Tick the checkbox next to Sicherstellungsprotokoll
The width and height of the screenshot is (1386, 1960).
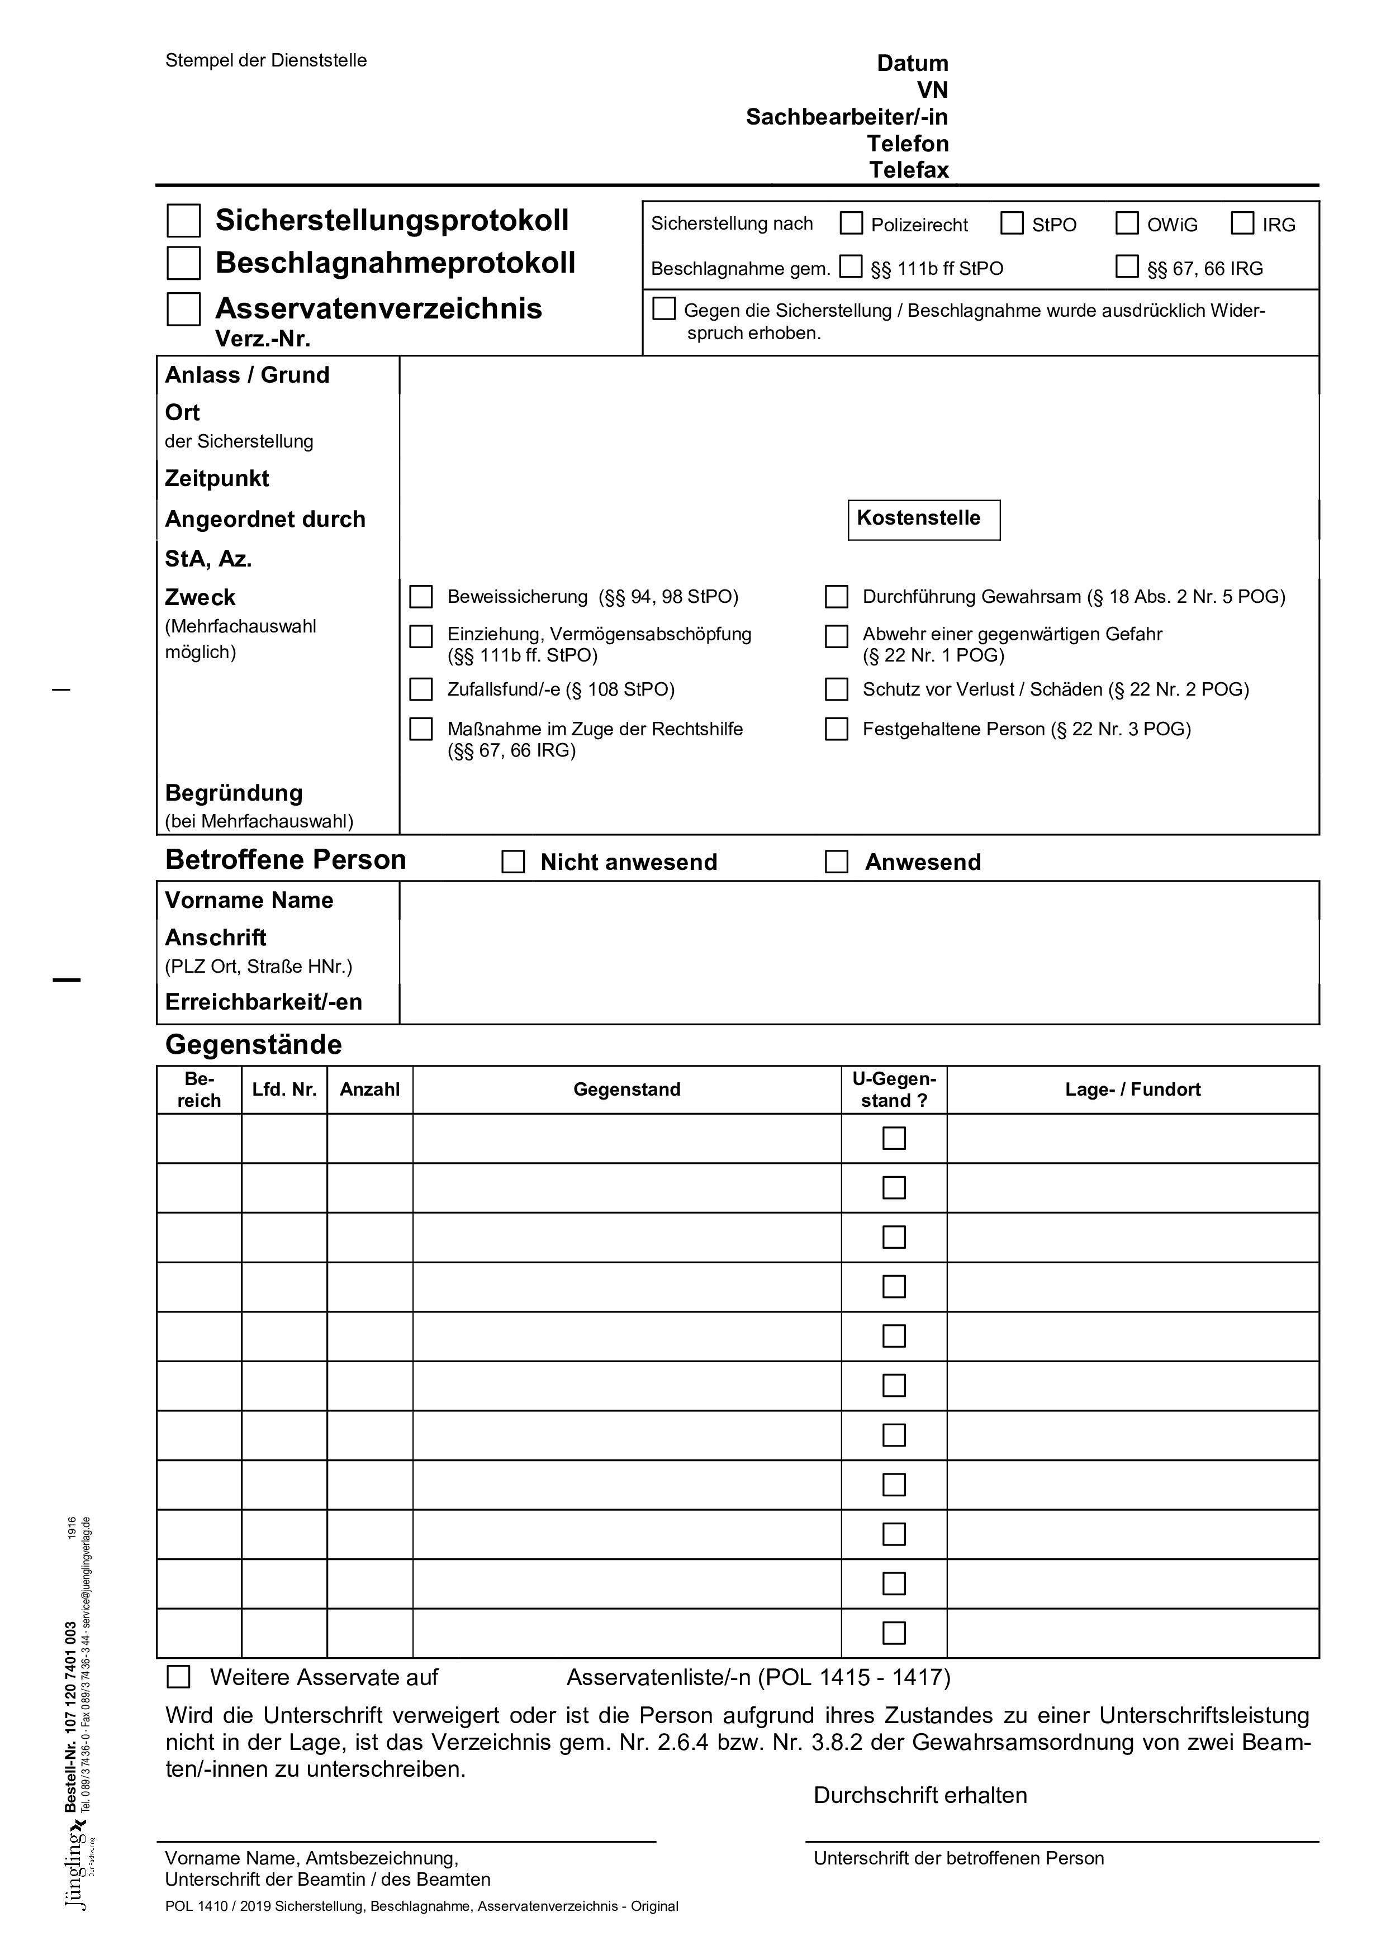tap(183, 220)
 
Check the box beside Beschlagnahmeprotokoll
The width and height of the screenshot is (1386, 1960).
tap(183, 263)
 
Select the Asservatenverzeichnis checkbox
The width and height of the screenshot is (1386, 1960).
tap(183, 308)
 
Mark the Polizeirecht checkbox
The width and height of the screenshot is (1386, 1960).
tap(851, 223)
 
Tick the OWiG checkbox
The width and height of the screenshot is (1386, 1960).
tap(1127, 223)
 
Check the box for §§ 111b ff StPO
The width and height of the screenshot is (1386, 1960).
tap(851, 267)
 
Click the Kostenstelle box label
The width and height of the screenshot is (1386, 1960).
tap(918, 518)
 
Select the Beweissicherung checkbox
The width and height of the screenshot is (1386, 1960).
tap(421, 597)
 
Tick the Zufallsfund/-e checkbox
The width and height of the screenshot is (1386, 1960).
tap(421, 689)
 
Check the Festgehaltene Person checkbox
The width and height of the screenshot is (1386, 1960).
tap(836, 729)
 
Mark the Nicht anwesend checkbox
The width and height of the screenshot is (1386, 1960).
tap(513, 862)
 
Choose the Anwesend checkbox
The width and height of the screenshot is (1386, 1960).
tap(836, 862)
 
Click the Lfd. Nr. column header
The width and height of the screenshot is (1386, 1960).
tap(284, 1090)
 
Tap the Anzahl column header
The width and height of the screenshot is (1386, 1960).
tap(370, 1090)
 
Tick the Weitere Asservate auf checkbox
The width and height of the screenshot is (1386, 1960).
tap(178, 1677)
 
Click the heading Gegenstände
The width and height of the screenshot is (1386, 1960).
tap(254, 1045)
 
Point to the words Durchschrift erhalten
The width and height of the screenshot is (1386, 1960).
tap(920, 1795)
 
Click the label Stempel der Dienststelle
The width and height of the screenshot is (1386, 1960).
tap(265, 60)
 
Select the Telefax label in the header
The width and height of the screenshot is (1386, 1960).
tap(909, 170)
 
